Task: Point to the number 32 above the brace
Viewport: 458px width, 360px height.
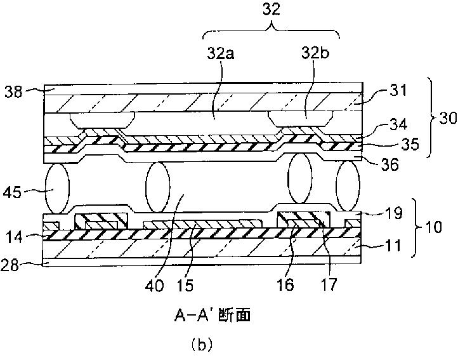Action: pos(271,10)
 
